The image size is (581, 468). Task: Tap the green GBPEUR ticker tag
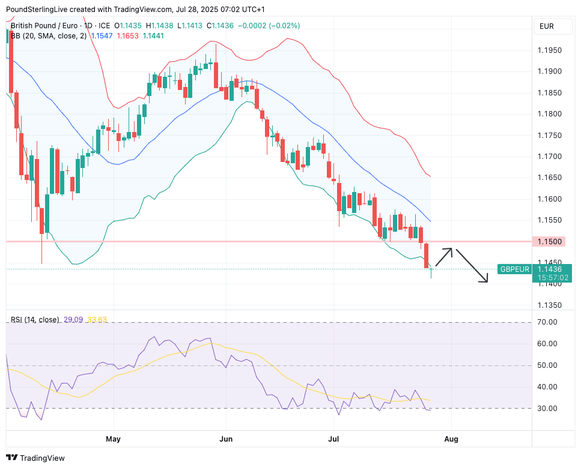pyautogui.click(x=514, y=269)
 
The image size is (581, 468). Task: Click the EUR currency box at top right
pyautogui.click(x=547, y=26)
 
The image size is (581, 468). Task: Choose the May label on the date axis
pyautogui.click(x=113, y=439)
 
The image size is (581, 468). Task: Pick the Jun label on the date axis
pyautogui.click(x=226, y=439)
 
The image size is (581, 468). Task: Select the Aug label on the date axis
pyautogui.click(x=451, y=439)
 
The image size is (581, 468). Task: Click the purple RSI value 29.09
pyautogui.click(x=74, y=320)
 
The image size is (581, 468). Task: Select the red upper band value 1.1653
pyautogui.click(x=127, y=36)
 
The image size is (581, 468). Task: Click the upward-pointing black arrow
pyautogui.click(x=444, y=257)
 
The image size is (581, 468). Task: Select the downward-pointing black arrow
pyautogui.click(x=472, y=266)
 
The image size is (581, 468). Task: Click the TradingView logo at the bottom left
pyautogui.click(x=37, y=458)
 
